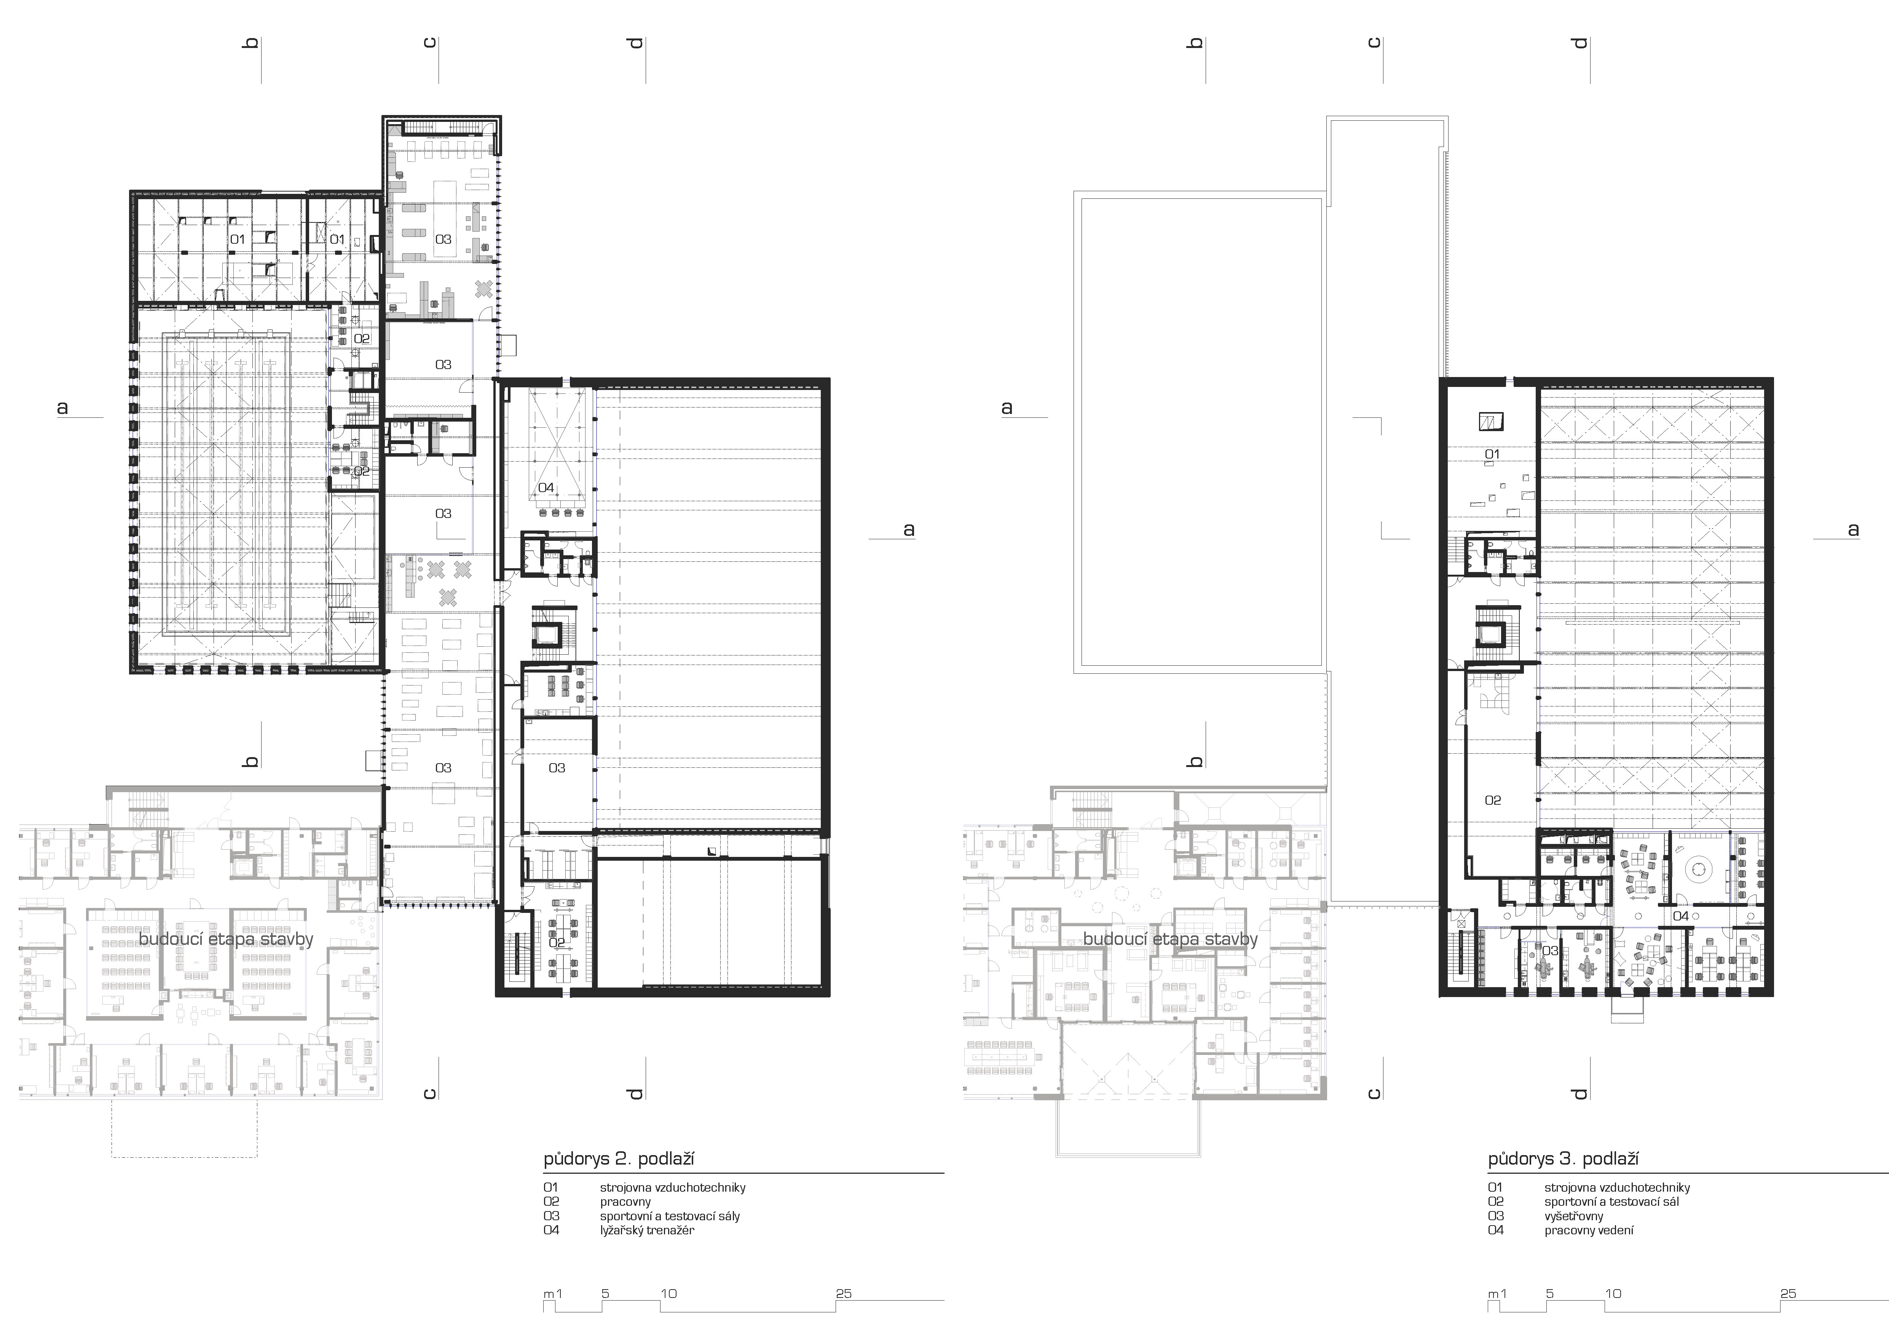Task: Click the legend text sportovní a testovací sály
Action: pyautogui.click(x=670, y=1216)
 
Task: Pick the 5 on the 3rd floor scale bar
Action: pyautogui.click(x=1550, y=1293)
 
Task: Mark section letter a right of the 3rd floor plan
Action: pyautogui.click(x=1853, y=529)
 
